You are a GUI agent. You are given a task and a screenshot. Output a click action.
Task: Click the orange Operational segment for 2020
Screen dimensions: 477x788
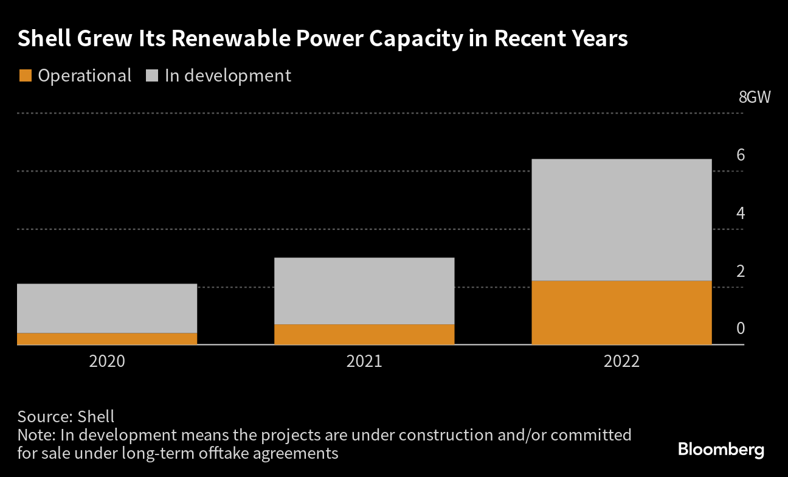click(x=107, y=339)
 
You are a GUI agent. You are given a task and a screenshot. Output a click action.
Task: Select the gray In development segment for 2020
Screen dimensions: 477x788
click(x=107, y=308)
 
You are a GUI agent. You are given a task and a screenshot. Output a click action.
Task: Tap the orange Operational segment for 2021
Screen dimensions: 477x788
click(x=364, y=335)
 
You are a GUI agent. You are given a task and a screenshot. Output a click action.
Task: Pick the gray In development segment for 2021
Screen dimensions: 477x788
click(x=364, y=291)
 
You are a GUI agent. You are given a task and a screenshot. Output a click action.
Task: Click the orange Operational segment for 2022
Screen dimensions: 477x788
click(x=621, y=313)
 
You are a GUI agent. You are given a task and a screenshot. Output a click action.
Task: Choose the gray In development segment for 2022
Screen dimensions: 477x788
click(x=621, y=220)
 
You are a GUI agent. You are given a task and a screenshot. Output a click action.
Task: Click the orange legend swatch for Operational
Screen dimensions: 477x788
click(x=25, y=76)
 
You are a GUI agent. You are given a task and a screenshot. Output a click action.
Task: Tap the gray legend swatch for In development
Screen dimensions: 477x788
click(x=152, y=76)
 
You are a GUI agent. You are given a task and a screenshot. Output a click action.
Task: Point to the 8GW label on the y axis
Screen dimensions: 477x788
click(x=754, y=97)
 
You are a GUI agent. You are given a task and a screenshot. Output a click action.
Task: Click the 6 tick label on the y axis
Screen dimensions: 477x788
click(x=741, y=155)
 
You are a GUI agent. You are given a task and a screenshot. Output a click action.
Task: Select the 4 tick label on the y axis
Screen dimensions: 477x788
click(x=741, y=213)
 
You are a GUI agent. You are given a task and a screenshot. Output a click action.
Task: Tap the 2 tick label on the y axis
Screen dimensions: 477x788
click(x=741, y=271)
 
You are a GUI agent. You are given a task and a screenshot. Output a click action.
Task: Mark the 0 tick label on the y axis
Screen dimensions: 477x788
click(x=741, y=329)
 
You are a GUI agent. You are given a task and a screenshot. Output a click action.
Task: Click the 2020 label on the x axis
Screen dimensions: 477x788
click(x=107, y=361)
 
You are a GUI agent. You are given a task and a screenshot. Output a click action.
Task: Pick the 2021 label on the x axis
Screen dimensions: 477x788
click(x=364, y=361)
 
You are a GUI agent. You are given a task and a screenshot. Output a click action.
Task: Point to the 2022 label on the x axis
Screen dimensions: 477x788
click(x=621, y=361)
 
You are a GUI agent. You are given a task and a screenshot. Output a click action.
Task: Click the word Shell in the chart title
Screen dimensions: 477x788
click(x=44, y=39)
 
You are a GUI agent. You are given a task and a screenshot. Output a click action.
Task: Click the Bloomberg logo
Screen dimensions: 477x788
click(x=721, y=450)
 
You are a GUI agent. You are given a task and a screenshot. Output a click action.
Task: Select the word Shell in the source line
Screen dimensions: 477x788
click(x=95, y=417)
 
